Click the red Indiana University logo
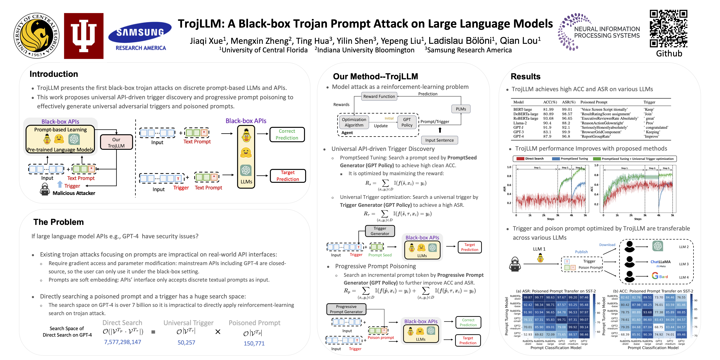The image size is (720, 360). pos(84,36)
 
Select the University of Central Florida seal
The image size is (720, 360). pos(36,36)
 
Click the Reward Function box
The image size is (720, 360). pos(379,96)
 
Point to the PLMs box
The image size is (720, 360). pos(461,109)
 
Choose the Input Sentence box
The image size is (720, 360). pos(439,140)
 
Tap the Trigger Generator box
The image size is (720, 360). pos(380,231)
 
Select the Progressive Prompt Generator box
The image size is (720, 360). pos(346,309)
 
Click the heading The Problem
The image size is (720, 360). pos(58,222)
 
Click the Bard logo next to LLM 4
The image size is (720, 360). pos(660,276)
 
